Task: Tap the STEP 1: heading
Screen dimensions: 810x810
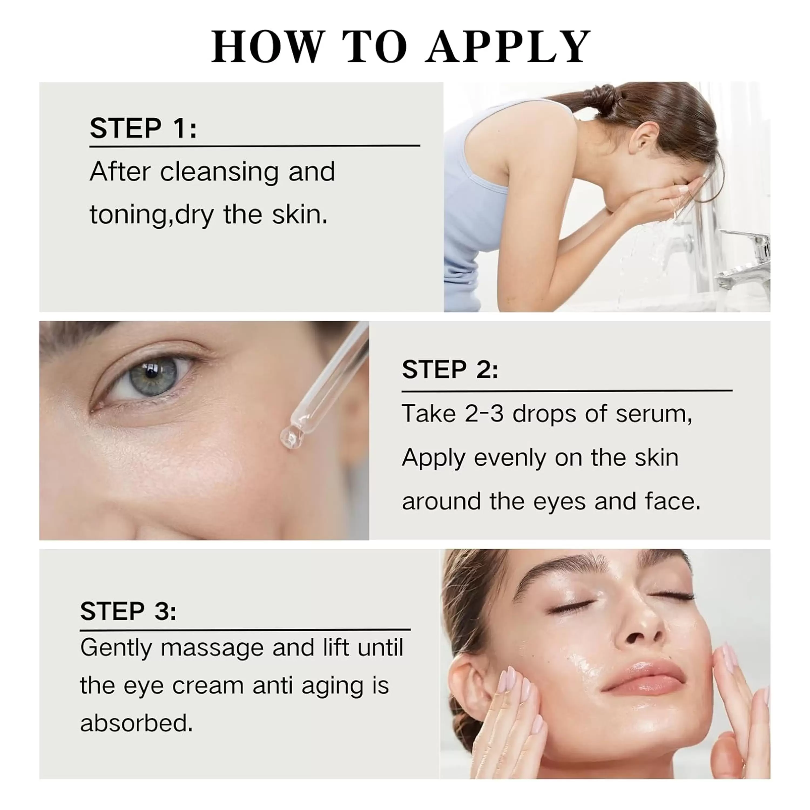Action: pos(143,128)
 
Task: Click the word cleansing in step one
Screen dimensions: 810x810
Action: pos(219,172)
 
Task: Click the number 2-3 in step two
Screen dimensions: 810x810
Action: pos(484,414)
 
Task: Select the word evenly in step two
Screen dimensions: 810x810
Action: pos(510,458)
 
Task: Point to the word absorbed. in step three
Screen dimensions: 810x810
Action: pos(136,723)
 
